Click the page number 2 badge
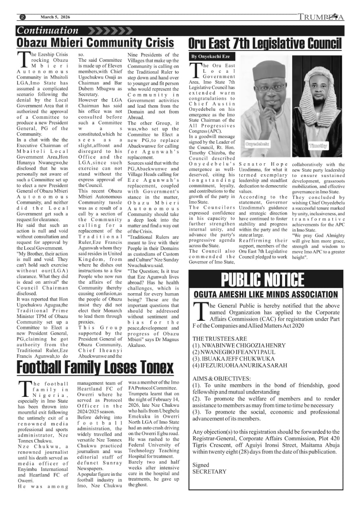pos(22,17)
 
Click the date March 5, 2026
pos(55,17)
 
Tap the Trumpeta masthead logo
pos(321,17)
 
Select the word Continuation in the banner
pos(48,31)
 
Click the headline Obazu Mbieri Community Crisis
pos(96,43)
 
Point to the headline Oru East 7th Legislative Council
pos(265,43)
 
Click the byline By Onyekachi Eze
pos(211,57)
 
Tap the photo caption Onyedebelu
pos(257,143)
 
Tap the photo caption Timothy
pos(318,146)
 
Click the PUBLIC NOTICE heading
pos(263,280)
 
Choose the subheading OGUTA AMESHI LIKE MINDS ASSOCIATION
pos(266,295)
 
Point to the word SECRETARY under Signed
pos(209,471)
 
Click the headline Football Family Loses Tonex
pos(95,367)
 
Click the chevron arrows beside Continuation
pos(110,31)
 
